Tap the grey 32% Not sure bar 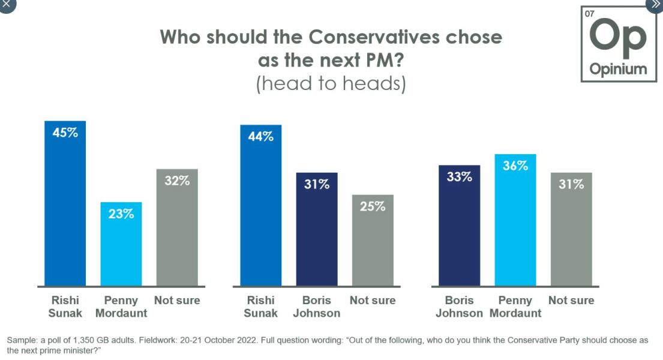pyautogui.click(x=177, y=228)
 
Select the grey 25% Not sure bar pyautogui.click(x=373, y=241)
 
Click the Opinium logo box pyautogui.click(x=618, y=44)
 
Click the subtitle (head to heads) pyautogui.click(x=331, y=83)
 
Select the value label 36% pyautogui.click(x=515, y=166)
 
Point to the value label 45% pyautogui.click(x=65, y=133)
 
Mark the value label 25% pyautogui.click(x=373, y=206)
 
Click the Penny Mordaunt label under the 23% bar pyautogui.click(x=121, y=307)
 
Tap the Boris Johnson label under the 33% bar pyautogui.click(x=460, y=307)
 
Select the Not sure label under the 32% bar pyautogui.click(x=177, y=301)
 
